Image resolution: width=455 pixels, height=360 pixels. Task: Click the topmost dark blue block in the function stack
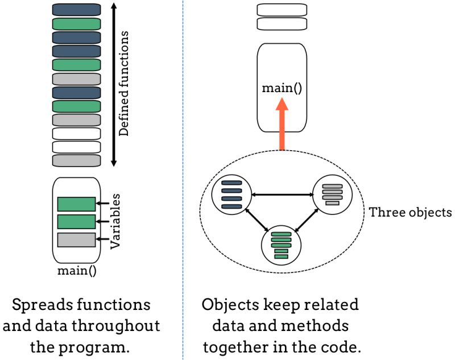click(76, 10)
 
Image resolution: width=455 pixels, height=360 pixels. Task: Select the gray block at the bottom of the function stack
click(76, 160)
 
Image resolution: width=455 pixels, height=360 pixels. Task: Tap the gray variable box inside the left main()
click(76, 239)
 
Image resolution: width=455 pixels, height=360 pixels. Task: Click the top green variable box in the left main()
click(76, 204)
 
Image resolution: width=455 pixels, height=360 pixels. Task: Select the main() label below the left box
click(77, 270)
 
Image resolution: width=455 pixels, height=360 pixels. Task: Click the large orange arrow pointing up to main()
click(282, 125)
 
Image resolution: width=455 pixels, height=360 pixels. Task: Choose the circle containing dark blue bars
click(231, 195)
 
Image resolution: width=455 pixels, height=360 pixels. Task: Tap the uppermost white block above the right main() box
click(282, 10)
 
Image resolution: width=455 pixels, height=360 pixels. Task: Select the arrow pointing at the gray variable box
click(103, 239)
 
